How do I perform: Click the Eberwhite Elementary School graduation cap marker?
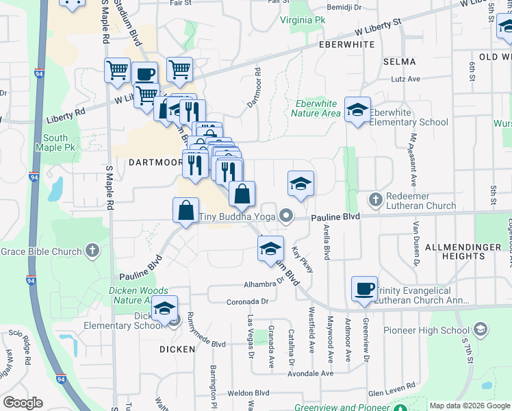point(357,110)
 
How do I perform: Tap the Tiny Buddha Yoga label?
point(237,216)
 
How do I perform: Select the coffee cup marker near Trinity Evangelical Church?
point(364,289)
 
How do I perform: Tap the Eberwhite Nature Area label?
point(316,108)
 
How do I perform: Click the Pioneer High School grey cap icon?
point(480,331)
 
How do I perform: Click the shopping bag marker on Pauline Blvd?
point(186,210)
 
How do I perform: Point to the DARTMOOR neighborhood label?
point(155,162)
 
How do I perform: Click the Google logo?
point(23,403)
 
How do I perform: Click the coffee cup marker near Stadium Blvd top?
point(144,74)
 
